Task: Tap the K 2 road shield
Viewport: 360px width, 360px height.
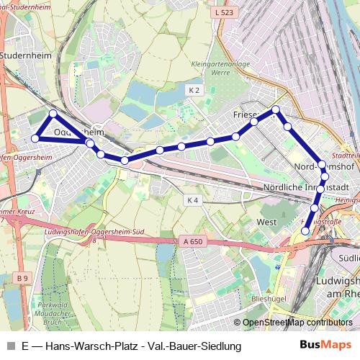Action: point(193,90)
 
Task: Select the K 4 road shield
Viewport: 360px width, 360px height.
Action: point(191,199)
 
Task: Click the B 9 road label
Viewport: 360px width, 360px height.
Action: point(22,277)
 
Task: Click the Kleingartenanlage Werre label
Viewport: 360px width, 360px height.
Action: point(210,68)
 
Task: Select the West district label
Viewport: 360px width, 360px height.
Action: point(266,222)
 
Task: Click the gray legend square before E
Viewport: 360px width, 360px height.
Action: point(10,346)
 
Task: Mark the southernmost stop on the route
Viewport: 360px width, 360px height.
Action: point(305,231)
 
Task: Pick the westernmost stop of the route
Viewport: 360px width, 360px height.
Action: point(35,138)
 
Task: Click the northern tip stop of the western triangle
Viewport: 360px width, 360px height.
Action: point(53,114)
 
